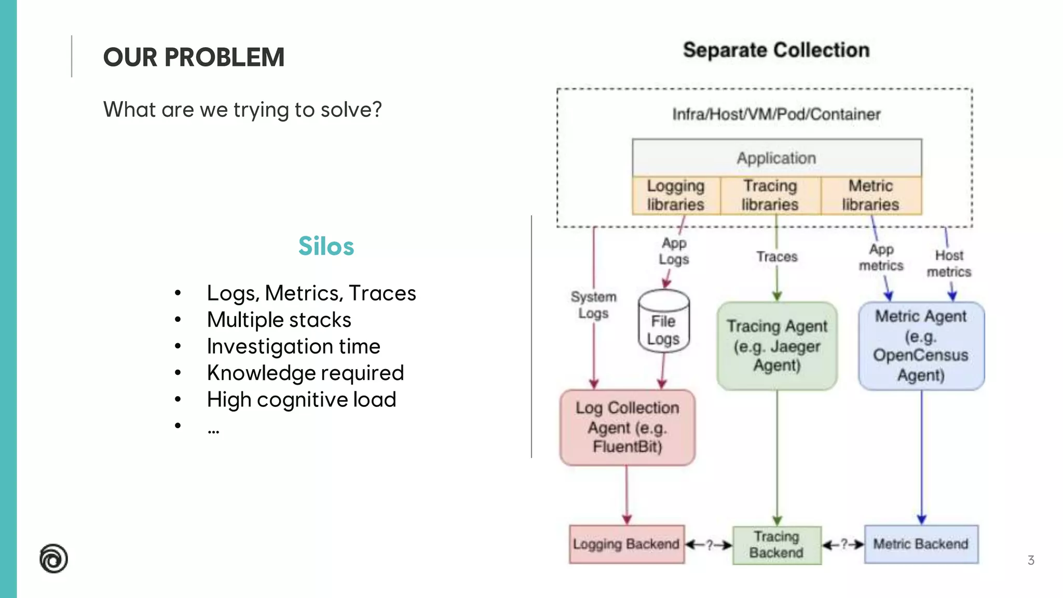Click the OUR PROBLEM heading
[194, 57]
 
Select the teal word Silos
[326, 246]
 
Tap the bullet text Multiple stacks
[279, 320]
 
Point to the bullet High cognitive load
[301, 400]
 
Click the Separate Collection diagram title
[776, 50]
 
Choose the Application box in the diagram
[776, 158]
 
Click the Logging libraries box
[676, 195]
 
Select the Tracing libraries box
[770, 195]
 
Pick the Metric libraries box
[870, 195]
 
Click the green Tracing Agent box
[776, 346]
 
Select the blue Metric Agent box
[921, 346]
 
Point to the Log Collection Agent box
[627, 427]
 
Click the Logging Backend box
[626, 544]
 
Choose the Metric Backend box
[921, 544]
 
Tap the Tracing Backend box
[776, 545]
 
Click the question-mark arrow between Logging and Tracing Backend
[709, 545]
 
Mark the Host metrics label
[949, 263]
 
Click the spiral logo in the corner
[53, 559]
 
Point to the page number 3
[1031, 560]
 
